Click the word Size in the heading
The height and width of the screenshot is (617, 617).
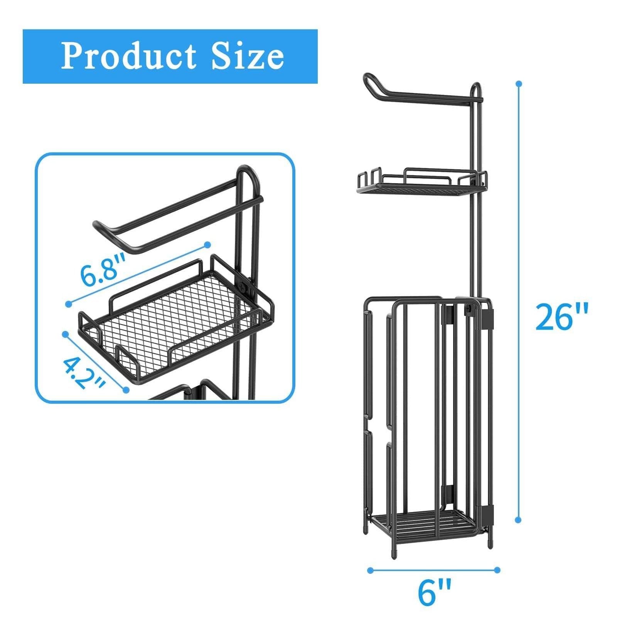247,57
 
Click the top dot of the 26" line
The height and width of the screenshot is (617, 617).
519,83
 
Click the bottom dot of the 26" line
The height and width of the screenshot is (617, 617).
519,520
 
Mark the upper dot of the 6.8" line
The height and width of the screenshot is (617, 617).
207,244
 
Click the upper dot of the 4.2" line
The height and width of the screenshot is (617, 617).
66,334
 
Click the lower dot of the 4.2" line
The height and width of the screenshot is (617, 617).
126,390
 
